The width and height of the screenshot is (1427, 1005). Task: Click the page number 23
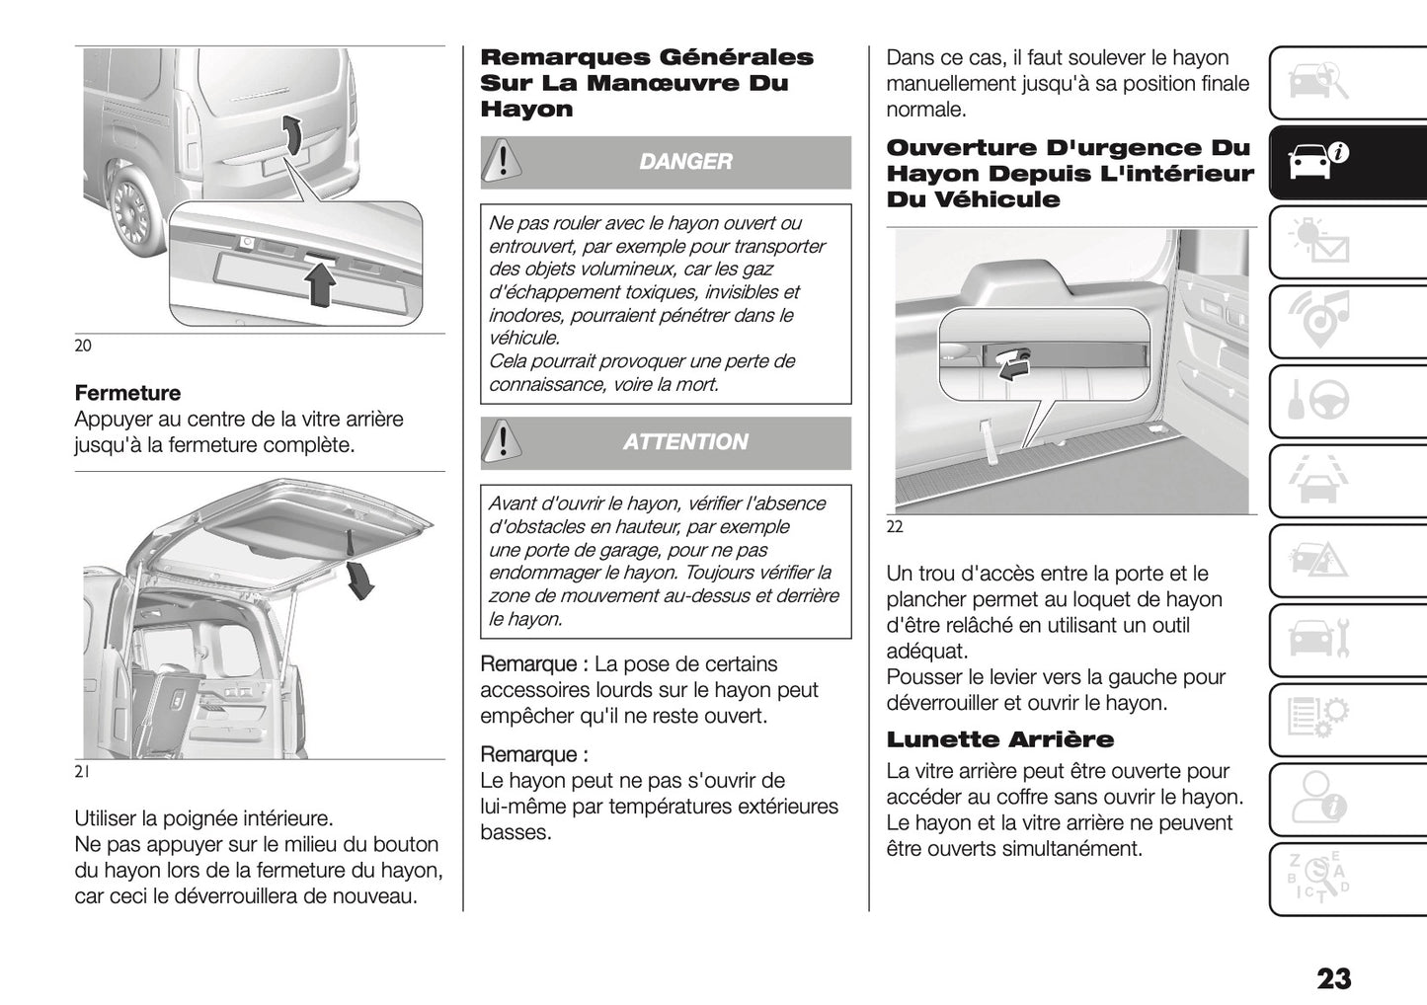[x=1333, y=978]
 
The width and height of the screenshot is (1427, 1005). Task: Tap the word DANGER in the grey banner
[x=685, y=162]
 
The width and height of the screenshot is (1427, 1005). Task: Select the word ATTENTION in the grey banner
[x=685, y=442]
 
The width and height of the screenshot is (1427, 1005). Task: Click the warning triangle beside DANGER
[x=504, y=161]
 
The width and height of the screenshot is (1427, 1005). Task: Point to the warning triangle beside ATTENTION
[x=504, y=441]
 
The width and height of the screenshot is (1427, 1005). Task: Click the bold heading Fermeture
[x=127, y=393]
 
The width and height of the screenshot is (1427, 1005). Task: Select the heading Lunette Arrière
[x=999, y=739]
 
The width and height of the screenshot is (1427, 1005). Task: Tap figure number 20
[x=83, y=346]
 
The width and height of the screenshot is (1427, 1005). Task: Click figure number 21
[x=82, y=773]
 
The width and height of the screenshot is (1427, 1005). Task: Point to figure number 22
[x=895, y=527]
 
